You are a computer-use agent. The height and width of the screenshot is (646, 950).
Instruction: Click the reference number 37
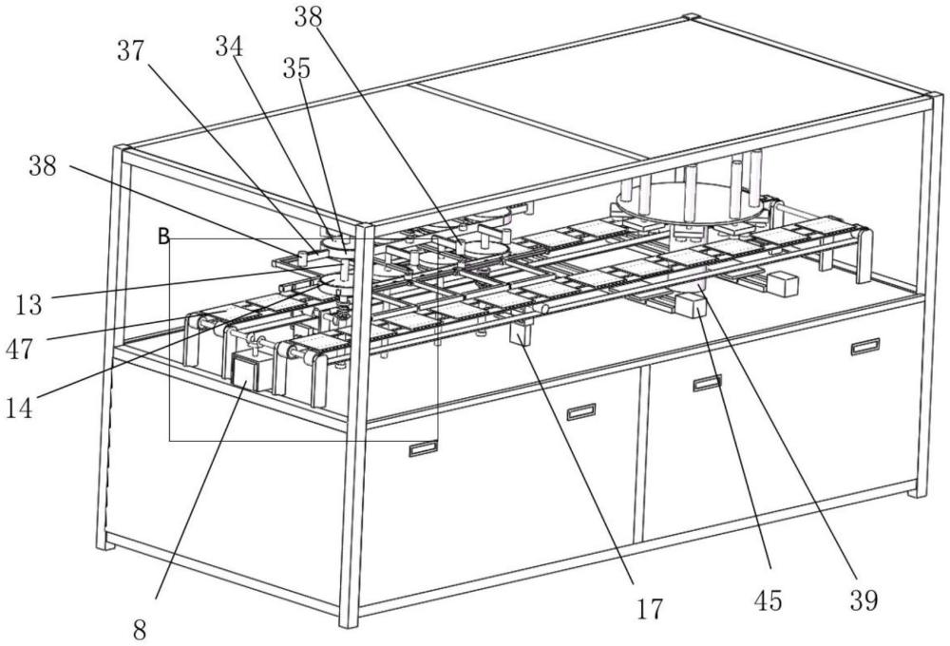coord(131,51)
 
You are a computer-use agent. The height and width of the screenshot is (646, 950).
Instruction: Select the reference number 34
coord(229,47)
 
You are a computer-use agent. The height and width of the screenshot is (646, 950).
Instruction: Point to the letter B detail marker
coord(163,237)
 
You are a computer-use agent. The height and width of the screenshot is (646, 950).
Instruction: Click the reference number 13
coord(28,304)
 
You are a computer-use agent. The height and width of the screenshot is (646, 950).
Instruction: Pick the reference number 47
coord(19,350)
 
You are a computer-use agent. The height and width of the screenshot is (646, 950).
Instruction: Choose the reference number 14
coord(19,408)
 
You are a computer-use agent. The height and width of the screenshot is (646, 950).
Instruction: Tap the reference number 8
coord(140,630)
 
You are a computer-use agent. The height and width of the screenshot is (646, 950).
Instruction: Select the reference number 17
coord(650,608)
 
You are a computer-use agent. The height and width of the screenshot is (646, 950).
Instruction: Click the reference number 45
coord(768,600)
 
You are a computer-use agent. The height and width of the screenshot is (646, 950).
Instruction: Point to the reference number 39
coord(864,600)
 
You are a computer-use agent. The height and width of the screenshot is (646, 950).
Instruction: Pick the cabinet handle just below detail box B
coord(423,448)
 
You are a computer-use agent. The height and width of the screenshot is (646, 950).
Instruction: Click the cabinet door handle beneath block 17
coord(581,412)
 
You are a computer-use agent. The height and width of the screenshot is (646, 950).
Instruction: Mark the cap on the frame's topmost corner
coord(692,16)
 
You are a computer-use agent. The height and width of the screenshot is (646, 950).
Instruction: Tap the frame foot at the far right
coord(919,492)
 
